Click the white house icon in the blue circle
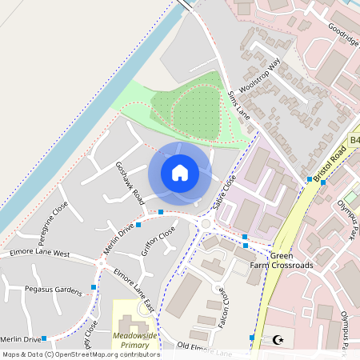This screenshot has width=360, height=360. coord(180,173)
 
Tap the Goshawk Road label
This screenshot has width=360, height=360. coord(129,183)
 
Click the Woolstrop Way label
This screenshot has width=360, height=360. coord(265,77)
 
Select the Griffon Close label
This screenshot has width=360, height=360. coord(158,240)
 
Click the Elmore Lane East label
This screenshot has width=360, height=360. coord(134,290)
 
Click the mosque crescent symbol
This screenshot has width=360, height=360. coord(278,339)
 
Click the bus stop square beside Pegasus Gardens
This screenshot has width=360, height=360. coord(94,286)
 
